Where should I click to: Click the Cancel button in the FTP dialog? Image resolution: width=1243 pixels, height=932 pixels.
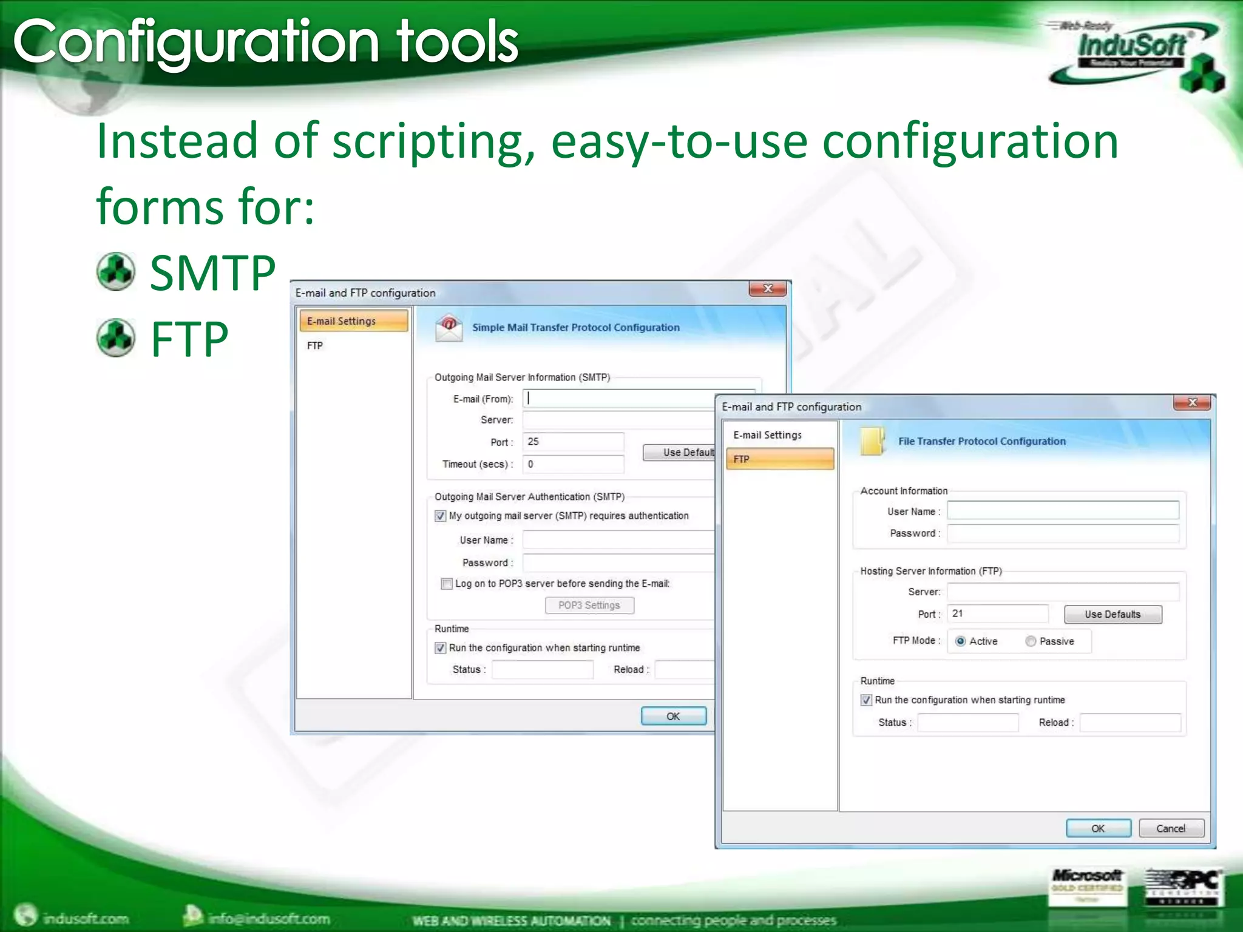[x=1171, y=828]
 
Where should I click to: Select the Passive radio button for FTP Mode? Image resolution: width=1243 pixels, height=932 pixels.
[x=1031, y=641]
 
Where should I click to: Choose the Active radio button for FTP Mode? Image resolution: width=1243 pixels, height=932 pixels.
[x=960, y=641]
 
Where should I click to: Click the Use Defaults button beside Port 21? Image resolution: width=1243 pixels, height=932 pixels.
[x=1113, y=614]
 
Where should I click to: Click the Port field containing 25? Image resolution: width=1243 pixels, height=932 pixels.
[x=572, y=442]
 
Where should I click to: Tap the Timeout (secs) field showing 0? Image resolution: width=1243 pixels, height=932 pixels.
[x=572, y=464]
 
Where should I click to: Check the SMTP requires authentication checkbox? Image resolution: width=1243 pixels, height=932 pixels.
[x=441, y=516]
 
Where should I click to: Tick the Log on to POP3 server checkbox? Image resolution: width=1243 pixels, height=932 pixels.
[x=447, y=584]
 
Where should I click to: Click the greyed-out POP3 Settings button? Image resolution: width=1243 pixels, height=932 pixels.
[x=589, y=605]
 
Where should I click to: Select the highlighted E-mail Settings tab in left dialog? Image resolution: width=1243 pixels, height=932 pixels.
[x=353, y=321]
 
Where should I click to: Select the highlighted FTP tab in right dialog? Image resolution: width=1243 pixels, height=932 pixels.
[x=779, y=459]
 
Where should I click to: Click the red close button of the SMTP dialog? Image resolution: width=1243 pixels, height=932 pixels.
[x=767, y=289]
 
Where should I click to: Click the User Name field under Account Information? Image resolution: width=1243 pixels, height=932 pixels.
[x=1062, y=511]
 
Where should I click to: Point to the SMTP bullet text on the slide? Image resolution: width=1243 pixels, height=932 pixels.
[x=212, y=273]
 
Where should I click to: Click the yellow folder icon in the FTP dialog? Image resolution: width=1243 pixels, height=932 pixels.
[x=872, y=441]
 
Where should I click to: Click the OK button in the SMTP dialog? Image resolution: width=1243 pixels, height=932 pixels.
[x=673, y=716]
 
